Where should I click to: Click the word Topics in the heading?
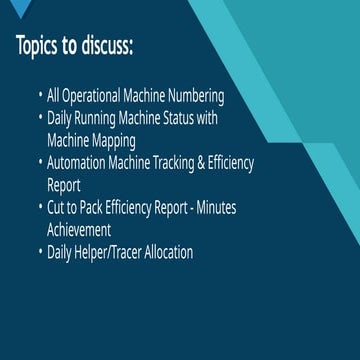[37, 45]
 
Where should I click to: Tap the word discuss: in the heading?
[106, 45]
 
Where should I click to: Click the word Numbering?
[196, 97]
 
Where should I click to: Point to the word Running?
[95, 119]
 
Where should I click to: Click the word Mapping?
[114, 141]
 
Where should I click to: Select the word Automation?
[76, 163]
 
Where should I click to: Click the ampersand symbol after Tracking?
[201, 163]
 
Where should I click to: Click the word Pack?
[91, 208]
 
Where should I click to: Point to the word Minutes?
[216, 208]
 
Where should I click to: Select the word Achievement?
[79, 230]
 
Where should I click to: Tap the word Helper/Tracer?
[108, 252]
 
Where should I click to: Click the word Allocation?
[169, 252]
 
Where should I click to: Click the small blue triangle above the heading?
[21, 7]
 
